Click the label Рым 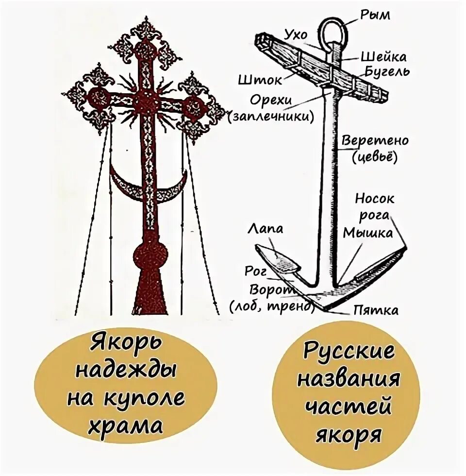point(375,16)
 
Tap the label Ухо point(296,35)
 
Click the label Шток point(256,79)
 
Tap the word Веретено point(375,141)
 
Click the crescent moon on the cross point(148,187)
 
